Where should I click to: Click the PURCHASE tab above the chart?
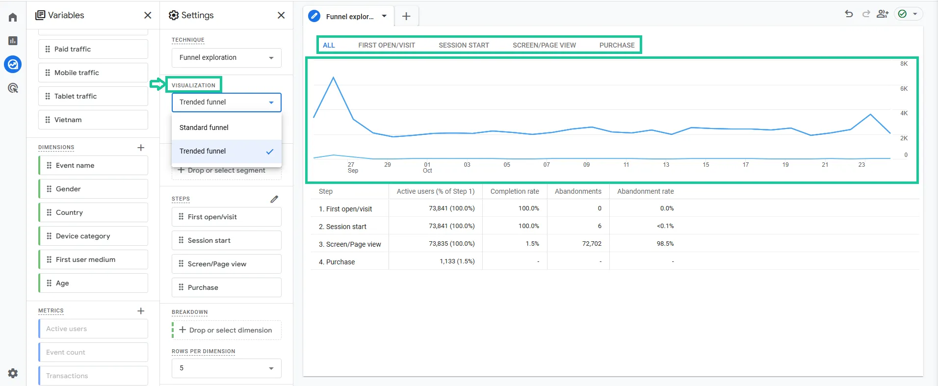(617, 45)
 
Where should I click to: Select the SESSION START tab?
(464, 45)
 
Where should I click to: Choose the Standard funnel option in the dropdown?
(204, 128)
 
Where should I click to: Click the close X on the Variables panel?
(148, 15)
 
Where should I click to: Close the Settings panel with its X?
(281, 15)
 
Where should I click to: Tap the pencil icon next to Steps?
(274, 199)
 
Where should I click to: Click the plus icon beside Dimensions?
(141, 148)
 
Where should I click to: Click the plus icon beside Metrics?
(141, 311)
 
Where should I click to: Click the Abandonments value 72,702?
(592, 244)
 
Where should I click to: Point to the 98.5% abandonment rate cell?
(665, 244)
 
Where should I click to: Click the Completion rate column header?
(515, 191)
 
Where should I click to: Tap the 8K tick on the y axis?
(904, 64)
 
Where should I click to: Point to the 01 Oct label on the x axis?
(427, 168)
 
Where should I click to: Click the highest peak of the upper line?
(334, 77)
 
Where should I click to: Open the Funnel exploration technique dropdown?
(227, 58)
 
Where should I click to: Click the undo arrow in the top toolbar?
(849, 14)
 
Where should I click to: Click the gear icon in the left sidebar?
(13, 373)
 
